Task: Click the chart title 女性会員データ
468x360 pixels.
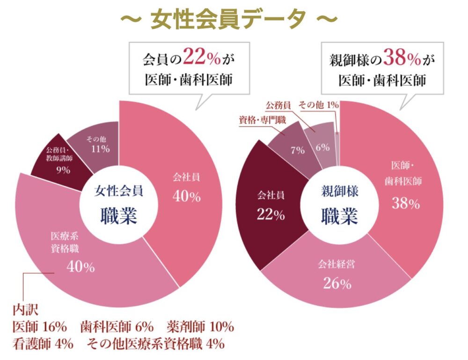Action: pos(228,19)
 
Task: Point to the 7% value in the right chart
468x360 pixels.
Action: pos(298,150)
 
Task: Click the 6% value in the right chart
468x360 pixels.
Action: pos(322,147)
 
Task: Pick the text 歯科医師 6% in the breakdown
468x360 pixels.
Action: pos(117,326)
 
